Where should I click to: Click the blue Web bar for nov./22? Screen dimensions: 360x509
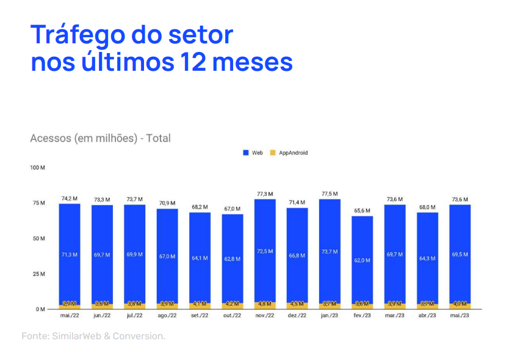(265, 250)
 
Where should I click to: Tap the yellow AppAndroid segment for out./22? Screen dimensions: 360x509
(232, 304)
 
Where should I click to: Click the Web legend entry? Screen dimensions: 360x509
(253, 153)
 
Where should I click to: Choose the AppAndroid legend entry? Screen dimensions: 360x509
(289, 153)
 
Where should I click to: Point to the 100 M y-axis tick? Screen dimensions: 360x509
(38, 167)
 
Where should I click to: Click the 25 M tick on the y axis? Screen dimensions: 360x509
(38, 274)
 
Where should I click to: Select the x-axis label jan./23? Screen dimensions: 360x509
(330, 315)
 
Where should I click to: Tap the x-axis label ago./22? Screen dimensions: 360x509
(167, 315)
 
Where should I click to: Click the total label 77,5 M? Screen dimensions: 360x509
(330, 194)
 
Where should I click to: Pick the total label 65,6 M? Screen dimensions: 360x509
(362, 211)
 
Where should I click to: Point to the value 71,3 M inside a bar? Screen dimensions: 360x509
(70, 254)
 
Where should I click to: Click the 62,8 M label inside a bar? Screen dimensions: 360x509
(232, 259)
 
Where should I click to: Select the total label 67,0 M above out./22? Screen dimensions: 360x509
(232, 209)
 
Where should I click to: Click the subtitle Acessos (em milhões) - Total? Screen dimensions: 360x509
(100, 138)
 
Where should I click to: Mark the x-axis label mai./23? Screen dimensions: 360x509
(460, 315)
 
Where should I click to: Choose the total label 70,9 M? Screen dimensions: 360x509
(167, 203)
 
